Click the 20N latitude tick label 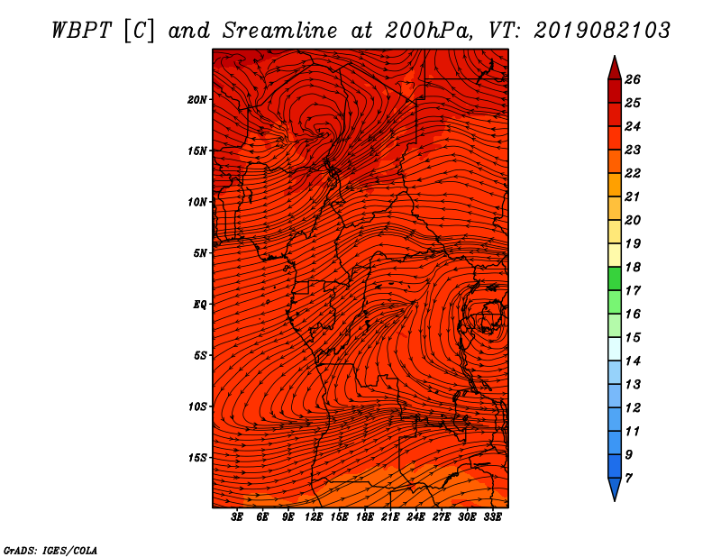tap(197, 100)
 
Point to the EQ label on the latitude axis tap(199, 305)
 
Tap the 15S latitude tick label tap(197, 458)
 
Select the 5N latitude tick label tap(200, 253)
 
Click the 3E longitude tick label tap(237, 516)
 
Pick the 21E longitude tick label tap(390, 516)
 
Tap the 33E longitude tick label tap(492, 516)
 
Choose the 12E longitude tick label tap(314, 516)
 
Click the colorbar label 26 tap(633, 79)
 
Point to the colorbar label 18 tap(633, 267)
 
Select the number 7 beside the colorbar tap(628, 479)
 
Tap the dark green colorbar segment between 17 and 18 tap(615, 278)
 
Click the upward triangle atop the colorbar tap(615, 69)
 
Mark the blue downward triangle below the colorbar tap(615, 489)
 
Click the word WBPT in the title tap(81, 31)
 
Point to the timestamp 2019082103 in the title tap(602, 31)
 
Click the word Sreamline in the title tap(280, 31)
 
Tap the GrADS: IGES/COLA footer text tap(50, 551)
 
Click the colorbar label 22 tap(633, 173)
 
